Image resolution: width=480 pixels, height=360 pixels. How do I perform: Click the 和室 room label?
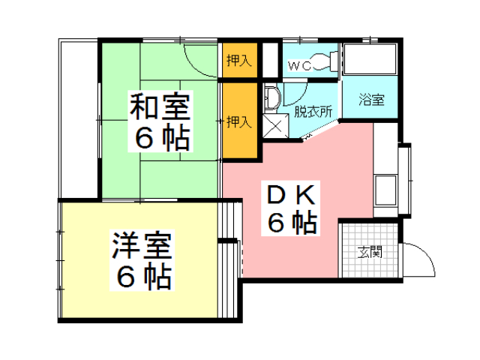click(x=161, y=107)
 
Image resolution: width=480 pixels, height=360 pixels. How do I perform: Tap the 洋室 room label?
click(x=142, y=245)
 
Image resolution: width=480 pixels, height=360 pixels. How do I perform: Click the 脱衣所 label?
click(x=313, y=112)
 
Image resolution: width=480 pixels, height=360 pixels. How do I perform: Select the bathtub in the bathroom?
click(x=371, y=58)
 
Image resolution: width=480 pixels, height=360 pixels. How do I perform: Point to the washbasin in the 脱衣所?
click(x=272, y=97)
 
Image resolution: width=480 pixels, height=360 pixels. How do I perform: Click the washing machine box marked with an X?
click(x=274, y=126)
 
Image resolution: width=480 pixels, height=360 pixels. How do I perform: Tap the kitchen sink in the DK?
click(x=388, y=186)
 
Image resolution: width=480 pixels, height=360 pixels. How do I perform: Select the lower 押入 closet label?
click(x=239, y=120)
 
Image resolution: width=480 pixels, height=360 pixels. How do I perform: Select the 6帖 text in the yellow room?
click(x=142, y=277)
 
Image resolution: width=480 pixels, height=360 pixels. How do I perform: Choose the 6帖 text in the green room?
click(x=161, y=138)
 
